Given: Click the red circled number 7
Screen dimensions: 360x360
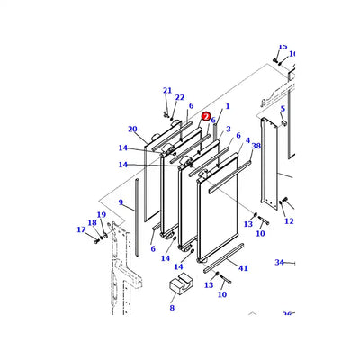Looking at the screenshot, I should click(x=206, y=116).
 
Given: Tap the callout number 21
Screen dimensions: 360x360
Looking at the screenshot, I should click(x=166, y=90).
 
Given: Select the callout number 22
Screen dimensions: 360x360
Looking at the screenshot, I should click(x=179, y=98).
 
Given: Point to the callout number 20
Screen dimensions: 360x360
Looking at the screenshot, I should click(x=132, y=129).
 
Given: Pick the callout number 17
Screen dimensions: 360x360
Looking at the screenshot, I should click(x=81, y=229).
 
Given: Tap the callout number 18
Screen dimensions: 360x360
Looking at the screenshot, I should click(x=91, y=222).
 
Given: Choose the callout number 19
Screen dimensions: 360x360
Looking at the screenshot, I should click(x=101, y=215).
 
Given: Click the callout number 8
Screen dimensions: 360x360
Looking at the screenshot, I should click(x=172, y=308).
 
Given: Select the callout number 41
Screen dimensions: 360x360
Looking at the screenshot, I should click(x=242, y=267).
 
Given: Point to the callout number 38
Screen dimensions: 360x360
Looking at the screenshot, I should click(x=256, y=146).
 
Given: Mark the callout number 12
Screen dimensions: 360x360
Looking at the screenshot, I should click(x=289, y=220).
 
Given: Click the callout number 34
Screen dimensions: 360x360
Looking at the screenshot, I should click(x=279, y=263).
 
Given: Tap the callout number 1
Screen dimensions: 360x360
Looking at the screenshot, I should click(x=227, y=107).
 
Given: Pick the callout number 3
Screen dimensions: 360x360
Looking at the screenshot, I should click(x=229, y=130).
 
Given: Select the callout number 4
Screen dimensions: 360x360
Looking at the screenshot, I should click(x=247, y=140).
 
